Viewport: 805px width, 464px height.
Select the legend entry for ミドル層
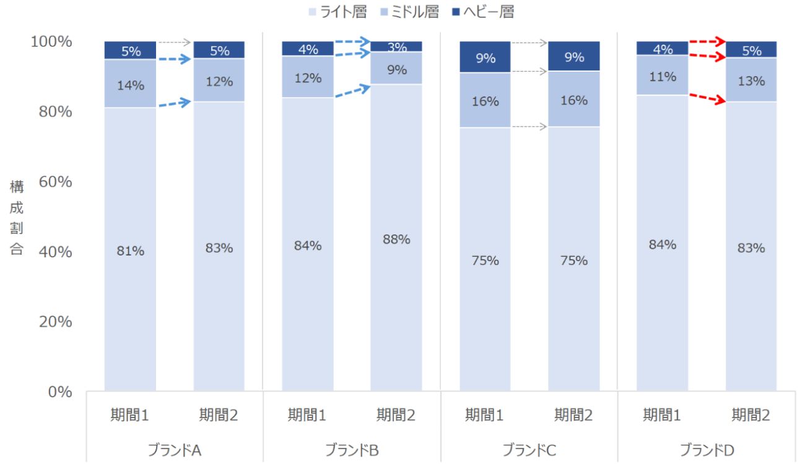click(409, 11)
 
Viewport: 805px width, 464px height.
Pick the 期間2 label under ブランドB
click(396, 415)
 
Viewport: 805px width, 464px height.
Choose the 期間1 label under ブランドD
click(662, 415)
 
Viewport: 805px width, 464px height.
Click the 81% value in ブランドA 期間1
click(130, 251)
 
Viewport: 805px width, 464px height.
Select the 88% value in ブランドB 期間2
click(396, 239)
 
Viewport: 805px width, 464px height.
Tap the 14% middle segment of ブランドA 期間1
click(130, 85)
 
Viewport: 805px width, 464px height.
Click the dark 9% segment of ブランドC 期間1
click(485, 58)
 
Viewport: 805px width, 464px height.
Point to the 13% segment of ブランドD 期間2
click(751, 81)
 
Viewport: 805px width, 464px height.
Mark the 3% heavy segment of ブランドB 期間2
click(396, 47)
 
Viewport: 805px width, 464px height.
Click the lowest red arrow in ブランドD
click(707, 98)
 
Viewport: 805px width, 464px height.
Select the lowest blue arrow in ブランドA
click(175, 103)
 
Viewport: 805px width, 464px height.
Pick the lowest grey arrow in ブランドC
click(529, 127)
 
